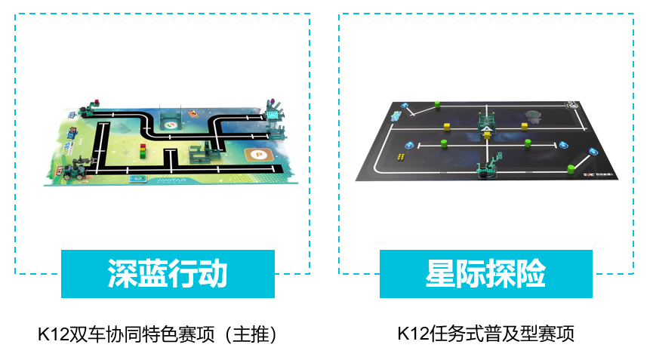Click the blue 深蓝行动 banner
[168, 274]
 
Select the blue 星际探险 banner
[485, 274]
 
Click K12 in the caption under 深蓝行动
[51, 334]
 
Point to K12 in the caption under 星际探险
[411, 334]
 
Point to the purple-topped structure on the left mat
[272, 112]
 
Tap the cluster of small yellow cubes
[401, 156]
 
